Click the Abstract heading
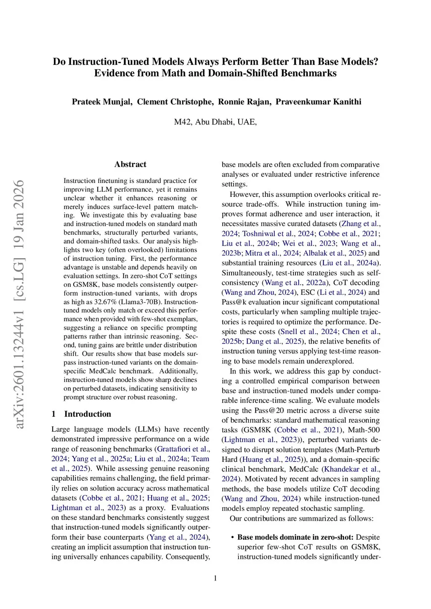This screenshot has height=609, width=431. pyautogui.click(x=130, y=164)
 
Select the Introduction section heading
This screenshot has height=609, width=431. pyautogui.click(x=88, y=414)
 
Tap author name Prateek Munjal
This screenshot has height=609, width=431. pyautogui.click(x=102, y=102)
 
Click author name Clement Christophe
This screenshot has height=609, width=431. pyautogui.click(x=175, y=102)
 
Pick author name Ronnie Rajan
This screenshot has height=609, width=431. pyautogui.click(x=245, y=102)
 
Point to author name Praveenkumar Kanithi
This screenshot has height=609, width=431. pyautogui.click(x=318, y=102)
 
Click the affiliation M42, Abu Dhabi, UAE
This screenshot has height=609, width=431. pyautogui.click(x=215, y=122)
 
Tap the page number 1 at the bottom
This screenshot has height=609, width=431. pyautogui.click(x=215, y=578)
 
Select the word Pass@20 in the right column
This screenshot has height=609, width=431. pyautogui.click(x=271, y=410)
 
